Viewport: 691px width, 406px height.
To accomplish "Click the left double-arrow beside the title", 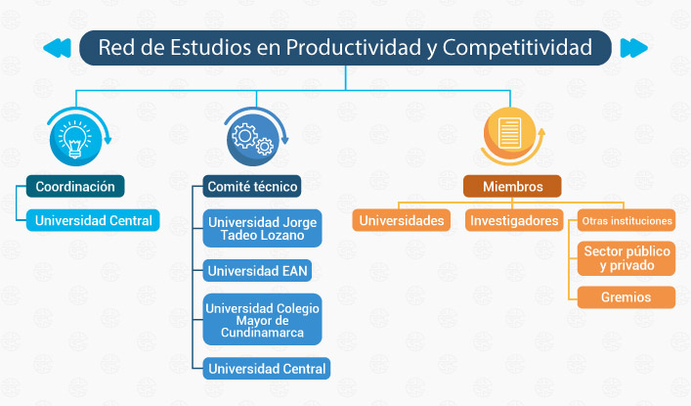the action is pyautogui.click(x=58, y=48).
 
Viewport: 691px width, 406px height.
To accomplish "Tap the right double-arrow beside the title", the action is pyautogui.click(x=633, y=48).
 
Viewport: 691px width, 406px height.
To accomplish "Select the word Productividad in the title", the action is pyautogui.click(x=354, y=47).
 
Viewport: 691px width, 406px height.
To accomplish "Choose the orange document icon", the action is pyautogui.click(x=510, y=133).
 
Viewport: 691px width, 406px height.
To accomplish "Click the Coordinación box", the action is pyautogui.click(x=75, y=186).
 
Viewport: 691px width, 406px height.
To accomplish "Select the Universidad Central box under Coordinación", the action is pyautogui.click(x=93, y=220).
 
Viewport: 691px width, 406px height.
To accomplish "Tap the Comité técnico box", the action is pyautogui.click(x=252, y=186).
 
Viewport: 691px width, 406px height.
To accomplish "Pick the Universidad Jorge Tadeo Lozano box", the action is pyautogui.click(x=262, y=228).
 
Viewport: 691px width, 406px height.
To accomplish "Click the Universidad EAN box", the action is pyautogui.click(x=257, y=271).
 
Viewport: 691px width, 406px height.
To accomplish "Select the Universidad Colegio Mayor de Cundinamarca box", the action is pyautogui.click(x=262, y=320).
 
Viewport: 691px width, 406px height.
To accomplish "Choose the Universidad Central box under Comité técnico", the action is pyautogui.click(x=267, y=369).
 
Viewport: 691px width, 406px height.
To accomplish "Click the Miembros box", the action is pyautogui.click(x=512, y=186).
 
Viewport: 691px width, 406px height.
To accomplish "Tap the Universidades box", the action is pyautogui.click(x=402, y=220).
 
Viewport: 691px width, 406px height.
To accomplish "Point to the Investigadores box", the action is pyautogui.click(x=514, y=220).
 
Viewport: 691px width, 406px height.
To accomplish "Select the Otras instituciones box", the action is pyautogui.click(x=626, y=220).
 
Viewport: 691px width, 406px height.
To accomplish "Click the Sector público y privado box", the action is pyautogui.click(x=626, y=258).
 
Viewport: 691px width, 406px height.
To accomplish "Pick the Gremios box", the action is pyautogui.click(x=626, y=297).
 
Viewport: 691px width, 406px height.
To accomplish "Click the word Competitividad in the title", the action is pyautogui.click(x=517, y=47).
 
